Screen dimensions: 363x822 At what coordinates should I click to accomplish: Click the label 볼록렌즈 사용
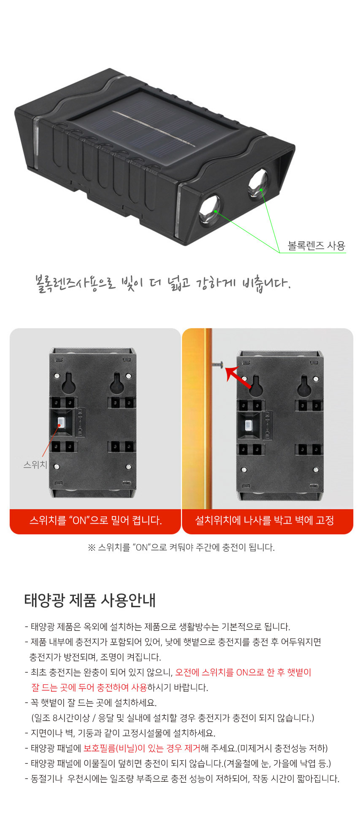(317, 246)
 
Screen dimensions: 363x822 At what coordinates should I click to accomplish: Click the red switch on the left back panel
(61, 422)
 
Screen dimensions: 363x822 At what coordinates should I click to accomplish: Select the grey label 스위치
(35, 465)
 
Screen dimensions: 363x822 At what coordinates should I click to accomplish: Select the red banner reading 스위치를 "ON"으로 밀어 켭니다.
(95, 521)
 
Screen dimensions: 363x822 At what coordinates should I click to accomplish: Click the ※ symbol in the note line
(92, 547)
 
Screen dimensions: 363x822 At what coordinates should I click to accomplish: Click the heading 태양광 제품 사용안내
(90, 600)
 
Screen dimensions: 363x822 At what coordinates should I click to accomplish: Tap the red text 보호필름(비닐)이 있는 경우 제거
(142, 748)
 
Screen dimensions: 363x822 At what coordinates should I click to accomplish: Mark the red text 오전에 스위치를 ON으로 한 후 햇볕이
(243, 672)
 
